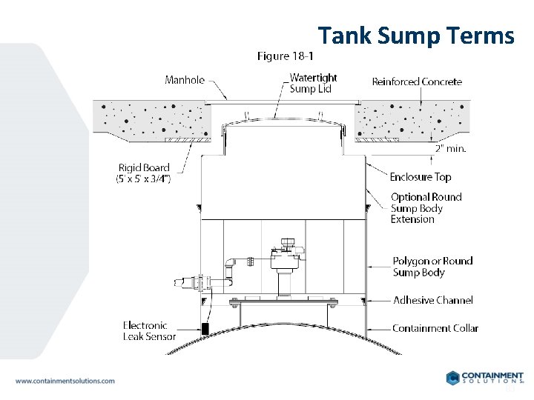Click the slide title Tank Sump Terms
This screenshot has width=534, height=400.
[415, 36]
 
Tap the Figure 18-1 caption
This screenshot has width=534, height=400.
[286, 56]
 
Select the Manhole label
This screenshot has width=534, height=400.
[185, 80]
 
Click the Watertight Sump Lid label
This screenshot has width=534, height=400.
[313, 83]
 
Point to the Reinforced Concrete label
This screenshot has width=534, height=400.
[417, 81]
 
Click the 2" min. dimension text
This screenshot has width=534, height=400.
[450, 148]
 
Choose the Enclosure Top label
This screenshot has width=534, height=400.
[421, 177]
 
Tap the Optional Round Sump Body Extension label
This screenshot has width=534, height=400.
[426, 208]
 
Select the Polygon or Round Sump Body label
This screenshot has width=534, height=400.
[432, 267]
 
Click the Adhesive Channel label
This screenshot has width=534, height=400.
[432, 301]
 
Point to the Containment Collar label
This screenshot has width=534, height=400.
[435, 328]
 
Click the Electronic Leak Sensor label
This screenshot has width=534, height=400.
[149, 330]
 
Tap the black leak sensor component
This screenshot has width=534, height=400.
[205, 328]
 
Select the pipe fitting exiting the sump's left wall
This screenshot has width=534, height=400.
[187, 282]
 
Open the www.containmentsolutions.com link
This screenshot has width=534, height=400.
[65, 381]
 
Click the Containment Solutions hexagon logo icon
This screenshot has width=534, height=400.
[454, 378]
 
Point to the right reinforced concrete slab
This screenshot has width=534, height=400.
[412, 119]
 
